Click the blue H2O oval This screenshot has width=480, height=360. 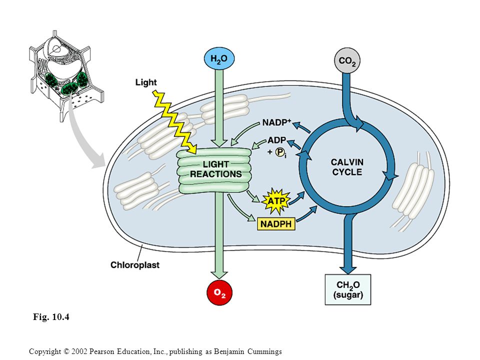pyautogui.click(x=219, y=58)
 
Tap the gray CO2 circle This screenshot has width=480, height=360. pyautogui.click(x=347, y=60)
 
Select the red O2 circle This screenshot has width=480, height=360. pyautogui.click(x=219, y=292)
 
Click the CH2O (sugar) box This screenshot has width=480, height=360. pyautogui.click(x=348, y=289)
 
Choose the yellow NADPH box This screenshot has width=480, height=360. pyautogui.click(x=276, y=224)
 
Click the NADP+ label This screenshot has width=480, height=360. pyautogui.click(x=276, y=122)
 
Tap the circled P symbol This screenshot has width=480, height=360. pyautogui.click(x=279, y=152)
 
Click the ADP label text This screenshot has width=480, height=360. pyautogui.click(x=276, y=140)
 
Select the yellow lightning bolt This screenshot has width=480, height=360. pyautogui.click(x=174, y=122)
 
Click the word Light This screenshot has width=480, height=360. pyautogui.click(x=146, y=82)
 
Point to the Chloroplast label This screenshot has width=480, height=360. pyautogui.click(x=135, y=265)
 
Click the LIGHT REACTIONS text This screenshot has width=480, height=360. pyautogui.click(x=216, y=169)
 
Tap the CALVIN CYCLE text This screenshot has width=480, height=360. pyautogui.click(x=347, y=167)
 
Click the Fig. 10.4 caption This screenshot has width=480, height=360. pyautogui.click(x=51, y=316)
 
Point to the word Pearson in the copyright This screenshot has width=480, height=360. pyautogui.click(x=100, y=351)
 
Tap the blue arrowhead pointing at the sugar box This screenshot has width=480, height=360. pyautogui.click(x=348, y=269)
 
